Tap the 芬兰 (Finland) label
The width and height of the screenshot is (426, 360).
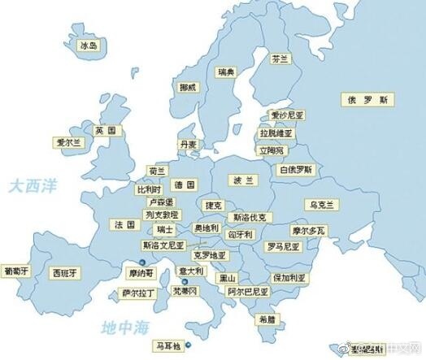click(x=280, y=60)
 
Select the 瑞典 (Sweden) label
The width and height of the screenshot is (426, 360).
click(x=227, y=73)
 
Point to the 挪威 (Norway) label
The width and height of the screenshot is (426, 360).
click(x=188, y=87)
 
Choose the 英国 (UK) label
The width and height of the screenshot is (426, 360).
click(x=105, y=130)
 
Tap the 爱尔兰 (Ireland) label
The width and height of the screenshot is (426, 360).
click(x=68, y=142)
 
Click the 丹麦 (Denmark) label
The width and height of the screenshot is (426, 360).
click(x=189, y=145)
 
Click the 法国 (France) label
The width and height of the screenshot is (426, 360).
click(x=124, y=224)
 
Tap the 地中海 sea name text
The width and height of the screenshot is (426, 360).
click(x=127, y=327)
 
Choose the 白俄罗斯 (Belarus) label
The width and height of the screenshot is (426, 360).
click(x=296, y=170)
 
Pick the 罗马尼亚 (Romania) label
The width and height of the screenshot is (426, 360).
click(x=283, y=245)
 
